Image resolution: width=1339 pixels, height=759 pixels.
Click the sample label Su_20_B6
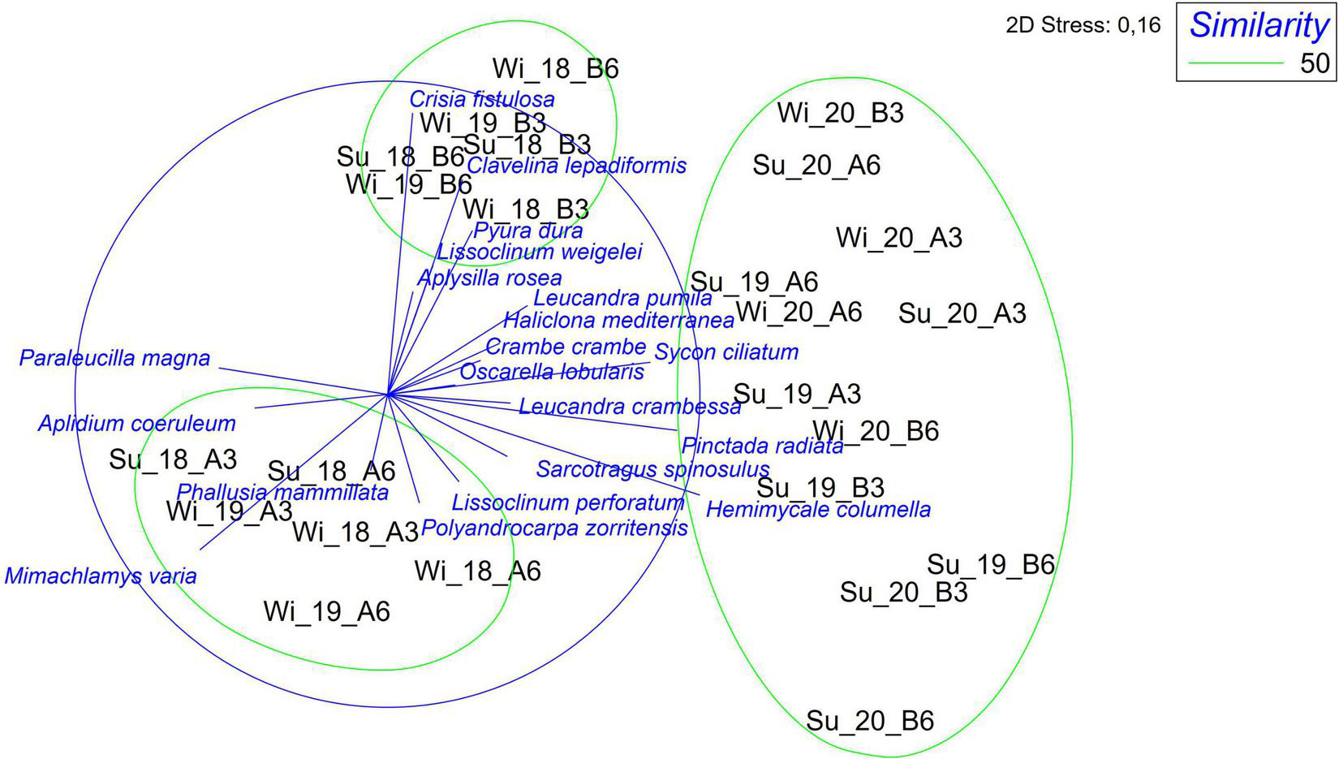(869, 720)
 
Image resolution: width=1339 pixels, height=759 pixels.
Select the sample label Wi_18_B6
(555, 68)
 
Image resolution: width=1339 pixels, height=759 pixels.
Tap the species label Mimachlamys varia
(101, 576)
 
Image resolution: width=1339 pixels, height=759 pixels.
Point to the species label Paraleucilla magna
(114, 358)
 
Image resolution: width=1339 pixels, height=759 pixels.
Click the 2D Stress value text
(1083, 26)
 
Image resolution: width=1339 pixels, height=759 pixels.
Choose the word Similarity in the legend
(1259, 25)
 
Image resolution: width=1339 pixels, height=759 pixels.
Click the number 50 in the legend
(1315, 63)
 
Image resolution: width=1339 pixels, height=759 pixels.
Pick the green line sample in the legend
(1234, 63)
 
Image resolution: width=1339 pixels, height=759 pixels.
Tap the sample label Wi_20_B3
(840, 113)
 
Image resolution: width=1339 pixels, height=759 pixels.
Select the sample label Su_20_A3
(962, 313)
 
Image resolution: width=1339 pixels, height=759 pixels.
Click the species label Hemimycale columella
(818, 510)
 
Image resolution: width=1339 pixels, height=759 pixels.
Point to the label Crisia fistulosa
(482, 100)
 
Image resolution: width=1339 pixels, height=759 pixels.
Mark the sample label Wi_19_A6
(326, 611)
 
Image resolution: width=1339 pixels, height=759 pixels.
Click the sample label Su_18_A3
(173, 459)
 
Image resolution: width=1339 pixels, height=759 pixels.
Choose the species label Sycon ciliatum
(726, 352)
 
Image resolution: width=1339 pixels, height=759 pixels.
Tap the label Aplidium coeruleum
(136, 424)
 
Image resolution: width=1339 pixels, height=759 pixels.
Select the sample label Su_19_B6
(990, 564)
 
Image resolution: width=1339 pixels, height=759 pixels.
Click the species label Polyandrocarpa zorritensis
(554, 529)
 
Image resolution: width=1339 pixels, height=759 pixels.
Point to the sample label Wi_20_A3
(898, 238)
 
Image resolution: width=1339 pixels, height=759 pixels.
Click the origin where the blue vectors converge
(389, 395)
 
